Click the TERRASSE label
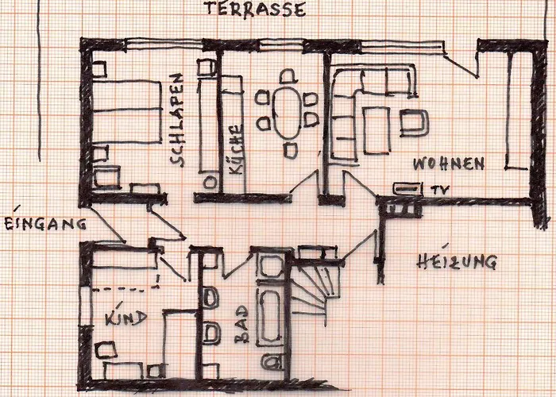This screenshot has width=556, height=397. click(255, 10)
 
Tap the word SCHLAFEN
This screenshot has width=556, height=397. click(177, 120)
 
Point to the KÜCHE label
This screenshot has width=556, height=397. click(236, 149)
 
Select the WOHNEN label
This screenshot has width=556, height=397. click(449, 164)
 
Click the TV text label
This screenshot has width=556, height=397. click(440, 190)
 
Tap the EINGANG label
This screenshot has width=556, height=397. click(45, 223)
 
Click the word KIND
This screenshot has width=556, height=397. click(125, 318)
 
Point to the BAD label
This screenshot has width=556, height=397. click(241, 325)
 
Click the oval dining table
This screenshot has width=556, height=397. click(288, 113)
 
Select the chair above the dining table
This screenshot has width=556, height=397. click(288, 76)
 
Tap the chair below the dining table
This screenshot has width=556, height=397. click(291, 150)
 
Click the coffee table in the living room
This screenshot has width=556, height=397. click(376, 130)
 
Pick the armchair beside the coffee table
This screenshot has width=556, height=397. click(414, 123)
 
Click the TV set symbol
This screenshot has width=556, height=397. click(408, 189)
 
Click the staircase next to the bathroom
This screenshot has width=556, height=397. click(313, 291)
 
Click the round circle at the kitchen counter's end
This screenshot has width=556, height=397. click(210, 183)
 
